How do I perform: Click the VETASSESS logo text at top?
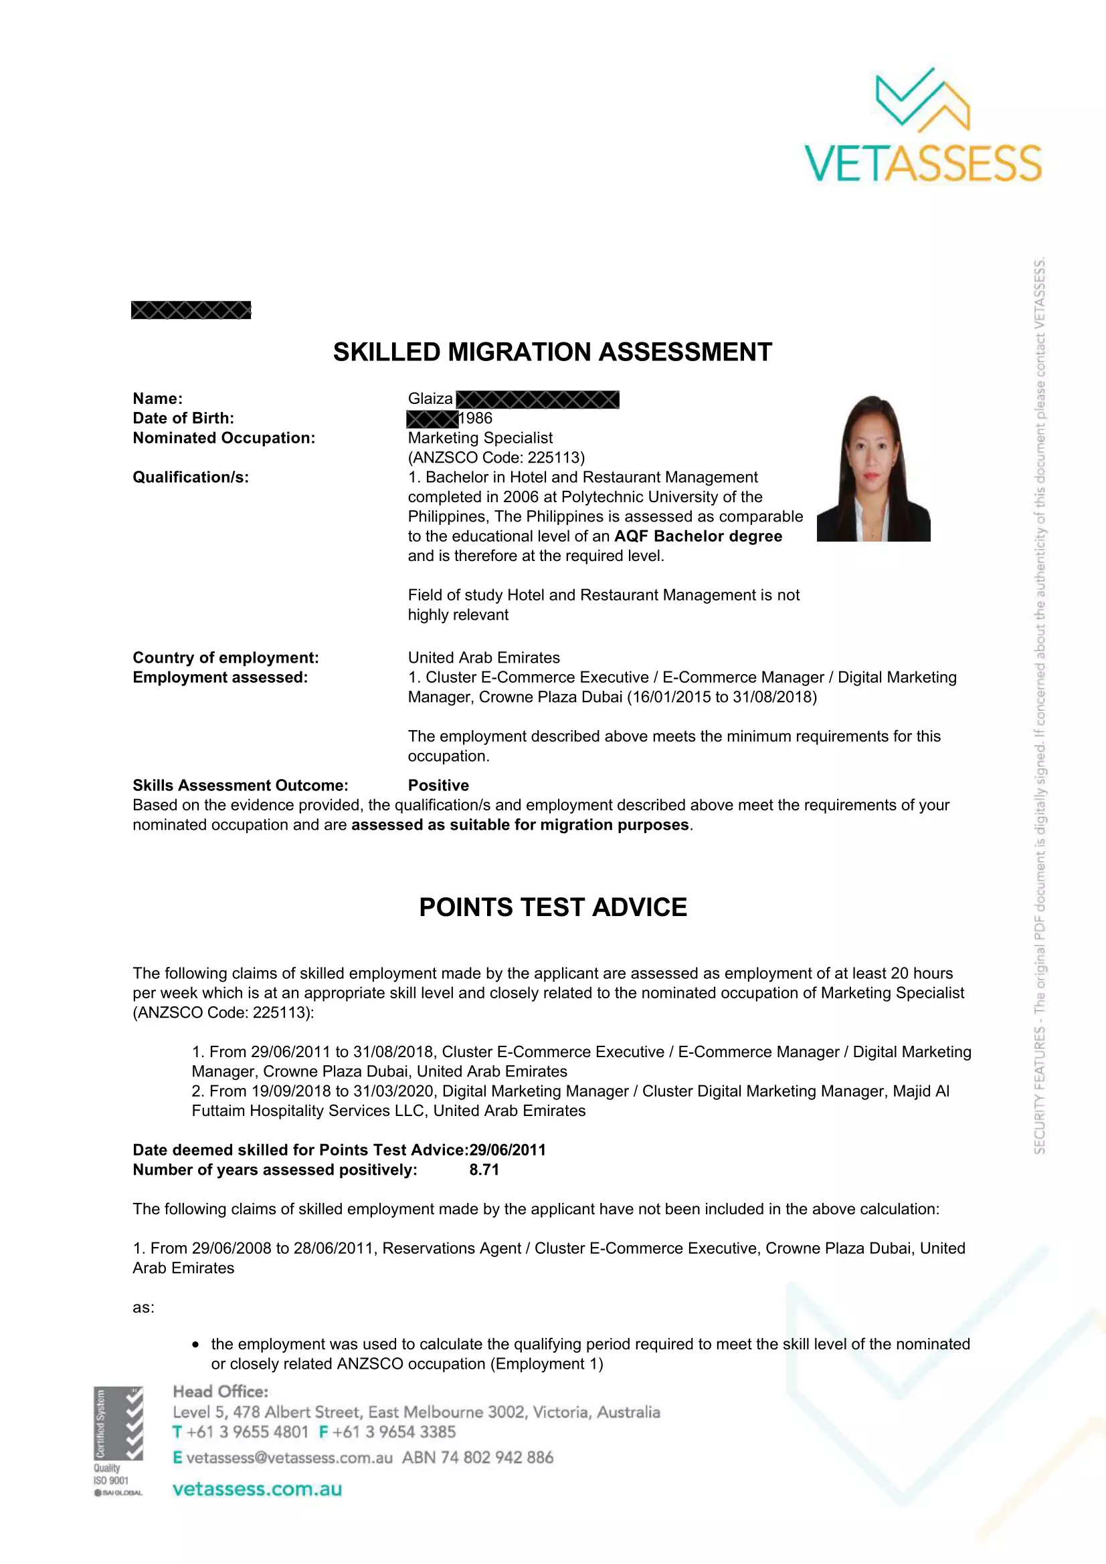tap(923, 163)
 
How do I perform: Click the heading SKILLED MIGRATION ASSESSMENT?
tap(552, 352)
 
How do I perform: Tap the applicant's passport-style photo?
tap(873, 469)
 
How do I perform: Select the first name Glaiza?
tap(430, 399)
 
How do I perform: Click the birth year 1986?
tap(475, 418)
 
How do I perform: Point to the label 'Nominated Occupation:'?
tap(223, 438)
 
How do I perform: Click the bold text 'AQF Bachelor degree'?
tap(698, 536)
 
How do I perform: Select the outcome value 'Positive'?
tap(438, 786)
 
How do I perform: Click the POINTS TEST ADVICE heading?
tap(553, 907)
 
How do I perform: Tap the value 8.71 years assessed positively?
tap(484, 1169)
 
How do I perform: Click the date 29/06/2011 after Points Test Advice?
tap(508, 1150)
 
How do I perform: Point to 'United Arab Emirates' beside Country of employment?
tap(484, 657)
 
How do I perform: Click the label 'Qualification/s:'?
tap(191, 477)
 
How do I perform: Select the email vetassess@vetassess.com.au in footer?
tap(289, 1458)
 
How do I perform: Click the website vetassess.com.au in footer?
tap(257, 1489)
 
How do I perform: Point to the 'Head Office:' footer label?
tap(220, 1391)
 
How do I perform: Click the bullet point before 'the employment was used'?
tap(195, 1345)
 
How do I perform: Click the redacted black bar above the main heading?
tap(191, 310)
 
